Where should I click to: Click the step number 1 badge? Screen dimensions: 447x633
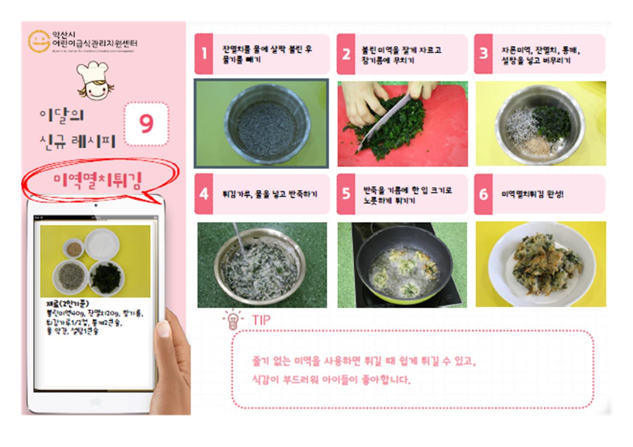tap(203, 54)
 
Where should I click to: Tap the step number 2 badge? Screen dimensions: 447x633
tap(346, 54)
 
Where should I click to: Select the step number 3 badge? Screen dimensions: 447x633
tap(483, 54)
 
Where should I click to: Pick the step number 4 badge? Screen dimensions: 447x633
tap(203, 194)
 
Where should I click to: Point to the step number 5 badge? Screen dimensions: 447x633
tap(346, 194)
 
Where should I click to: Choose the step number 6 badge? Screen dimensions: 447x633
tap(483, 194)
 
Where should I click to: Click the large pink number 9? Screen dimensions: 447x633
tap(146, 123)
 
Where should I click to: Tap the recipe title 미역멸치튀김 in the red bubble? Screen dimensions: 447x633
tap(97, 181)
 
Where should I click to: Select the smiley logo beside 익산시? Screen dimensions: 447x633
tap(38, 41)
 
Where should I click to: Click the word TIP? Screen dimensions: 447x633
tap(261, 320)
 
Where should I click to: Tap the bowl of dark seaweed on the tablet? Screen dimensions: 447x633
tap(106, 276)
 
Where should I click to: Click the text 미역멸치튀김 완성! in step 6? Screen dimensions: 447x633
tap(532, 194)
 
